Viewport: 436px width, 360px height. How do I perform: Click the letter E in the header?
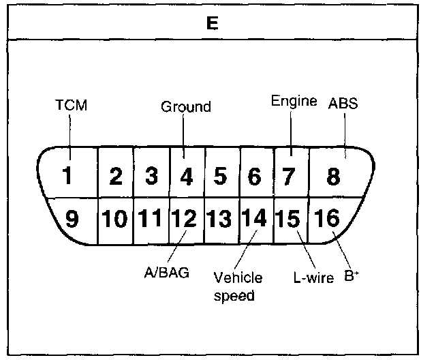pyautogui.click(x=212, y=24)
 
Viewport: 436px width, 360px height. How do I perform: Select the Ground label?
pyautogui.click(x=186, y=106)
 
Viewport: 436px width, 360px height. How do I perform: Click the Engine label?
pyautogui.click(x=294, y=102)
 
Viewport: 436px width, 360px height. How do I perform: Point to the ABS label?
pyautogui.click(x=343, y=104)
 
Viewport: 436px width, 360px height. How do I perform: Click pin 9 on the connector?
pyautogui.click(x=71, y=220)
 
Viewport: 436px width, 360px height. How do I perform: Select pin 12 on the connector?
pyautogui.click(x=185, y=220)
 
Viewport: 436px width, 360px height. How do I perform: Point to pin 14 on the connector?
pyautogui.click(x=255, y=220)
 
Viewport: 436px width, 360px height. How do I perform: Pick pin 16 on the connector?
pyautogui.click(x=327, y=220)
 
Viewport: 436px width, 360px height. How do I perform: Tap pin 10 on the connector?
pyautogui.click(x=116, y=220)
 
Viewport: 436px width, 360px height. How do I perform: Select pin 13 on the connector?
pyautogui.click(x=220, y=220)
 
